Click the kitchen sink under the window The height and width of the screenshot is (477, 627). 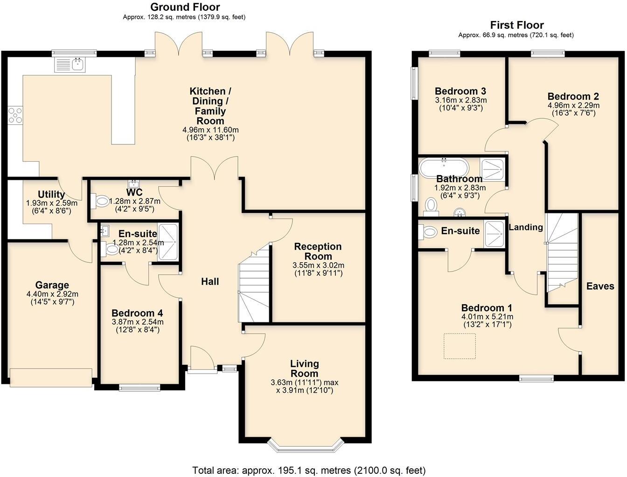click(70, 65)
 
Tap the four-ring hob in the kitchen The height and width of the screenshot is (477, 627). click(14, 115)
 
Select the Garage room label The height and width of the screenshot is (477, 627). click(52, 285)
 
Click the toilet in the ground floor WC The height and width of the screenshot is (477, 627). click(100, 201)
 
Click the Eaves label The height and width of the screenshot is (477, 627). click(600, 286)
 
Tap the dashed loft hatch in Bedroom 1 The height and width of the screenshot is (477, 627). click(459, 346)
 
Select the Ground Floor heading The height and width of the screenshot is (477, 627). click(185, 7)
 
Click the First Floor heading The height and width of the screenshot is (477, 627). click(516, 25)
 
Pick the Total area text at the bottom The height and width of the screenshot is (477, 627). click(309, 470)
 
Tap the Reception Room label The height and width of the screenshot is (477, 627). click(317, 251)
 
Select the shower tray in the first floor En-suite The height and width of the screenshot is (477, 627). click(494, 231)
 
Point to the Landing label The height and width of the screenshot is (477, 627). click(525, 227)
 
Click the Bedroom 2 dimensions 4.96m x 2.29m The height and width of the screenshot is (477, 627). click(573, 105)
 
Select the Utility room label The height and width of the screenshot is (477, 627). click(51, 194)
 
